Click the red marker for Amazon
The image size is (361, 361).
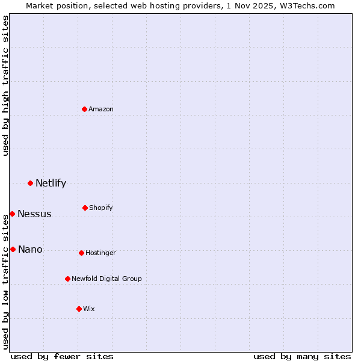pyautogui.click(x=85, y=109)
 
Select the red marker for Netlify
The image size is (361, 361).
pyautogui.click(x=30, y=183)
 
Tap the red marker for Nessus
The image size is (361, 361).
pyautogui.click(x=12, y=214)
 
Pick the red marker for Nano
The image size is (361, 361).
pyautogui.click(x=13, y=249)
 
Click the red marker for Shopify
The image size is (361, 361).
pyautogui.click(x=85, y=208)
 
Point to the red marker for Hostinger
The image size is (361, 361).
pyautogui.click(x=81, y=253)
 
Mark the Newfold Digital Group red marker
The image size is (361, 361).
pyautogui.click(x=67, y=279)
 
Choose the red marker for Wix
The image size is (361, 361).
pyautogui.click(x=79, y=309)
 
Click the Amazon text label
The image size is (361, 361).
pyautogui.click(x=101, y=109)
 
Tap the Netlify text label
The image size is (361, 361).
pyautogui.click(x=51, y=183)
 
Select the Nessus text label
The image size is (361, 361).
pyautogui.click(x=34, y=214)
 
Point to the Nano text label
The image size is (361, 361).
pyautogui.click(x=30, y=249)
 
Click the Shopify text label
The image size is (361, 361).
pyautogui.click(x=101, y=208)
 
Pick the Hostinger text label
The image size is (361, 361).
pyautogui.click(x=100, y=253)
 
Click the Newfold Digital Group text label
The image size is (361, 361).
pyautogui.click(x=106, y=279)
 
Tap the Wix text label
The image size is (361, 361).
pyautogui.click(x=89, y=309)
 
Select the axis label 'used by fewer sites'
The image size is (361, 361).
pyautogui.click(x=62, y=356)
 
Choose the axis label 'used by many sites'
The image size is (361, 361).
pyautogui.click(x=302, y=356)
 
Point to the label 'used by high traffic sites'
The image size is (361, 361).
pyautogui.click(x=5, y=85)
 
